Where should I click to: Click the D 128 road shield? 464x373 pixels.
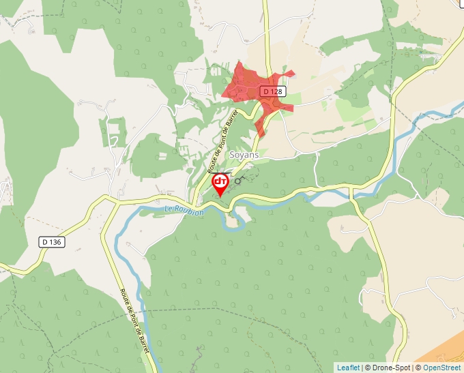pyautogui.click(x=272, y=91)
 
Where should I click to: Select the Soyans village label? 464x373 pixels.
pyautogui.click(x=243, y=155)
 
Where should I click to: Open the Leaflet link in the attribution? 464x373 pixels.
pyautogui.click(x=348, y=368)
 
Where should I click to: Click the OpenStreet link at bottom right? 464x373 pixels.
pyautogui.click(x=443, y=368)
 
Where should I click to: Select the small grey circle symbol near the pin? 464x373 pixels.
pyautogui.click(x=238, y=181)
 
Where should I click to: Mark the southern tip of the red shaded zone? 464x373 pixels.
pyautogui.click(x=260, y=134)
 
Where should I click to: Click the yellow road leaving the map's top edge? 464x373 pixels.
pyautogui.click(x=265, y=3)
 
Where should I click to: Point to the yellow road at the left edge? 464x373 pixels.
pyautogui.click(x=3, y=269)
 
